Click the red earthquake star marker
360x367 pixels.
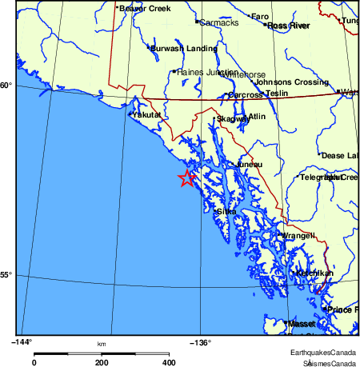187,178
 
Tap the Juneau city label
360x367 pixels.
249,165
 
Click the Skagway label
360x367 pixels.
232,120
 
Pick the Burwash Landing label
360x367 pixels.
184,49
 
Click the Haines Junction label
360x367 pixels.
206,72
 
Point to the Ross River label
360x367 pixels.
288,26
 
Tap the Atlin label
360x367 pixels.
257,117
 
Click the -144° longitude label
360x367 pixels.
22,342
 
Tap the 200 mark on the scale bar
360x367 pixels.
102,362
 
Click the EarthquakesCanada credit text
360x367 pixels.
323,352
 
